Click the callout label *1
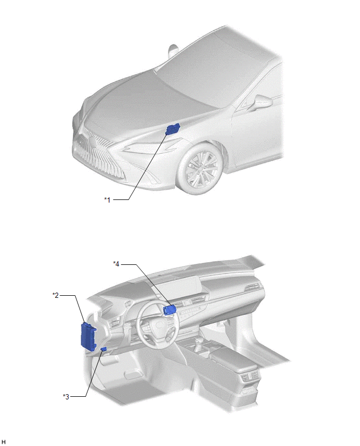coord(107,199)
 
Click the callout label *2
coord(55,295)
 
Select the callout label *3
coord(66,396)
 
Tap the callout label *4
coord(116,264)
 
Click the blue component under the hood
coord(172,129)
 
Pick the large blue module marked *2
coord(88,336)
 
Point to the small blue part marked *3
coord(104,349)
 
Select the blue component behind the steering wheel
coord(170,310)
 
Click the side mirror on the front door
coord(262,102)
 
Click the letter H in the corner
coord(4,441)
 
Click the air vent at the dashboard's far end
coord(253,287)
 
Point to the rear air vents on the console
coord(250,376)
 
